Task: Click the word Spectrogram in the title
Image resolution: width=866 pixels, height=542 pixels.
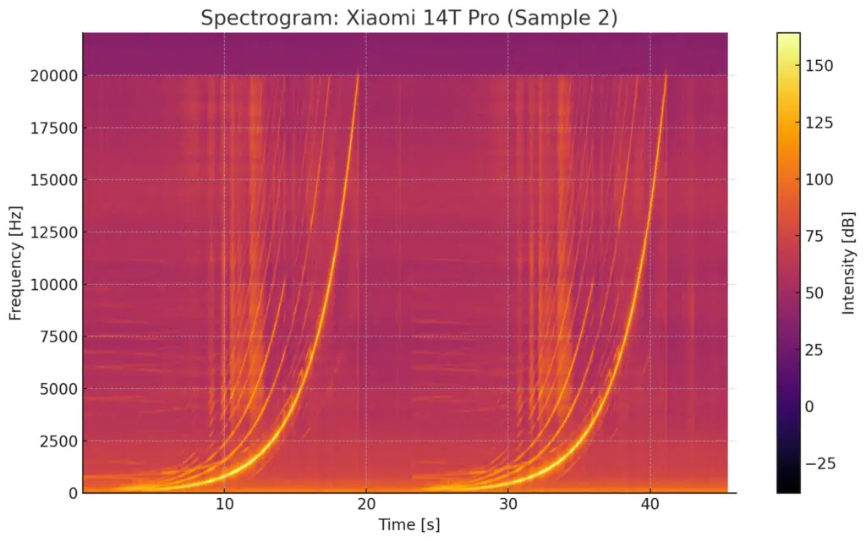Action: pos(255,18)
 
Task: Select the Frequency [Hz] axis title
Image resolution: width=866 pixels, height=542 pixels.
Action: pos(15,262)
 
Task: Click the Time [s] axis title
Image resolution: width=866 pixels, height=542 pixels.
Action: pos(409,524)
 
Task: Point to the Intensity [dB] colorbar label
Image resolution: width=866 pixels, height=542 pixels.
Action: pos(849,262)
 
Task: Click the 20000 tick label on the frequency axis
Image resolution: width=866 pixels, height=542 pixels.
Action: pos(55,76)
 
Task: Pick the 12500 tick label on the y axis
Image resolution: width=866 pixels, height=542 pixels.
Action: pos(55,233)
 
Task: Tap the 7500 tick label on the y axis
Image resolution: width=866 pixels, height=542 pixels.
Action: pos(58,337)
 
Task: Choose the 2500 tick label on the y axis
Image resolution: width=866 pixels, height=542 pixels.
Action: pos(58,441)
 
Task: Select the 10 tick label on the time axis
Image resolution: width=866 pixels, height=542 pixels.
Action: pos(224,506)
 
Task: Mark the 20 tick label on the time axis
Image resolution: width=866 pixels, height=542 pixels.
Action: pos(366,506)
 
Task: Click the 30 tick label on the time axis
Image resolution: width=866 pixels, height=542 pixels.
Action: pos(507,506)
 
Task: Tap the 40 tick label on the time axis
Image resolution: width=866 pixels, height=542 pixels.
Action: pos(649,506)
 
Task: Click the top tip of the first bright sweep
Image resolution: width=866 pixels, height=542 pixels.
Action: pos(358,74)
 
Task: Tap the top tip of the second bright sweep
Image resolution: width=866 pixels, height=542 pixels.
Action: pos(666,74)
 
